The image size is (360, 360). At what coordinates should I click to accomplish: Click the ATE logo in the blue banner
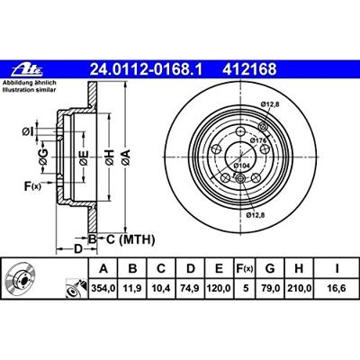tap(27, 70)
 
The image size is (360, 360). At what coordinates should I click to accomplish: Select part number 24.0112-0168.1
tap(147, 69)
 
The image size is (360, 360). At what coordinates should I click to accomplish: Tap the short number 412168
tap(249, 69)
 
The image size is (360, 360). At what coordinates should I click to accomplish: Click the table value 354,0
tap(103, 289)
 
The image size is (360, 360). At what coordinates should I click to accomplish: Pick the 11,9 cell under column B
tap(132, 289)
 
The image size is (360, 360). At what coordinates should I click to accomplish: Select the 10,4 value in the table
tap(161, 289)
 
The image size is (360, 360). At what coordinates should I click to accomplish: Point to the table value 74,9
tap(191, 289)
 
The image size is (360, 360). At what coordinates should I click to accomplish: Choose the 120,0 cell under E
tap(219, 289)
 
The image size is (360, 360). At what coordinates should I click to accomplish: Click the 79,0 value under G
tap(270, 289)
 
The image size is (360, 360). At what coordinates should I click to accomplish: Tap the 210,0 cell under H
tap(299, 289)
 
